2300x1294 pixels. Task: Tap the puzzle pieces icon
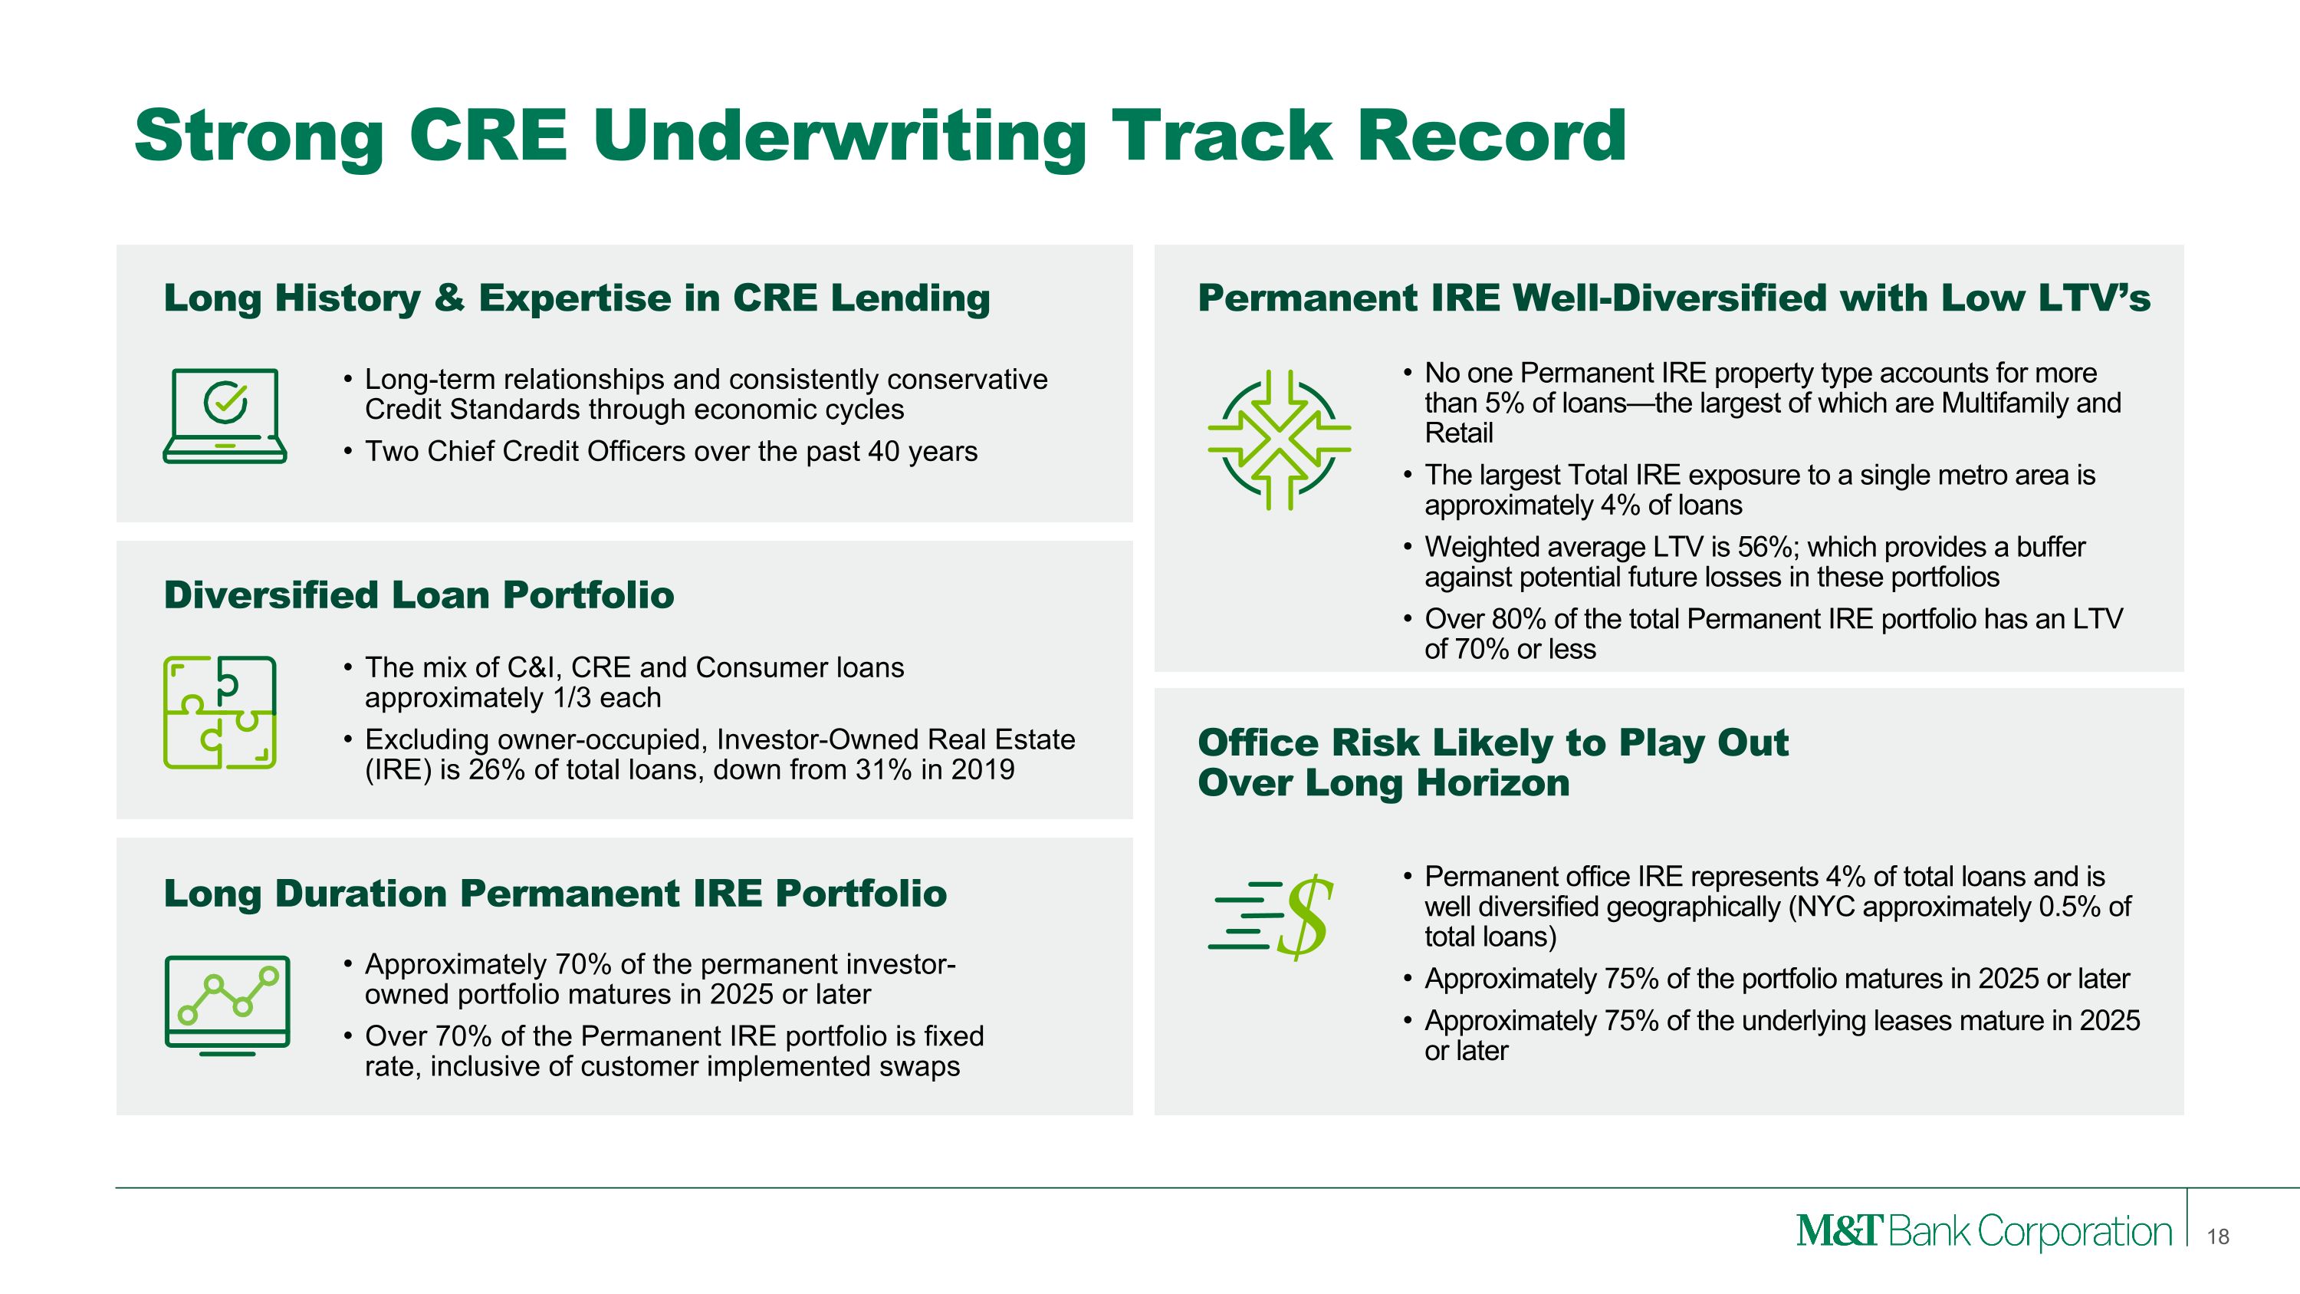pos(219,713)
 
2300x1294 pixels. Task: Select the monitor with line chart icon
pos(228,1006)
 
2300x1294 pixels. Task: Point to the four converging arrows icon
pos(1279,440)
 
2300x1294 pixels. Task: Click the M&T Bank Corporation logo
pos(1984,1232)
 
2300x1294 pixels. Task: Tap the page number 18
pos(2218,1236)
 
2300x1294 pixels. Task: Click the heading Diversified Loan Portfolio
pos(419,594)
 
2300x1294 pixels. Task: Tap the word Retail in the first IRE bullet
pos(1459,433)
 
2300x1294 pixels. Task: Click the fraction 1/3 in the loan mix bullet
pos(571,697)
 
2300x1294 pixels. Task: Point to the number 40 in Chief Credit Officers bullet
pos(885,452)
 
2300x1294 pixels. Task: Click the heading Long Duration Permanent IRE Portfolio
pos(555,894)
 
